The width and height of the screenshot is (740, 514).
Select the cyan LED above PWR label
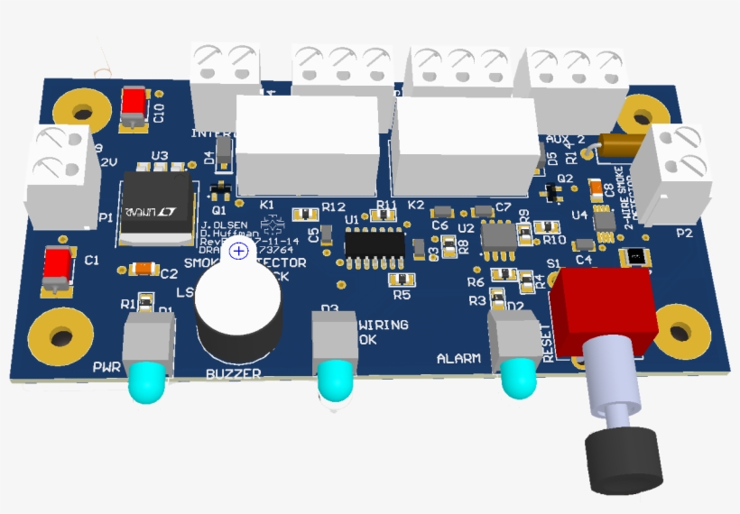tap(147, 382)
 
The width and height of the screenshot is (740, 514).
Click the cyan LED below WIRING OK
tap(336, 381)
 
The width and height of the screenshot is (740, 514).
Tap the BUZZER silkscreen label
tap(234, 373)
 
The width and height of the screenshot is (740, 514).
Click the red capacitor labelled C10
tap(136, 106)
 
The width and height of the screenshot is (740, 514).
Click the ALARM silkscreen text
tap(458, 359)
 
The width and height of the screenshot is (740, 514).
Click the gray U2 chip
tap(497, 235)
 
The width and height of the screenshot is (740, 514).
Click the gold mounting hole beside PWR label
tap(61, 339)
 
